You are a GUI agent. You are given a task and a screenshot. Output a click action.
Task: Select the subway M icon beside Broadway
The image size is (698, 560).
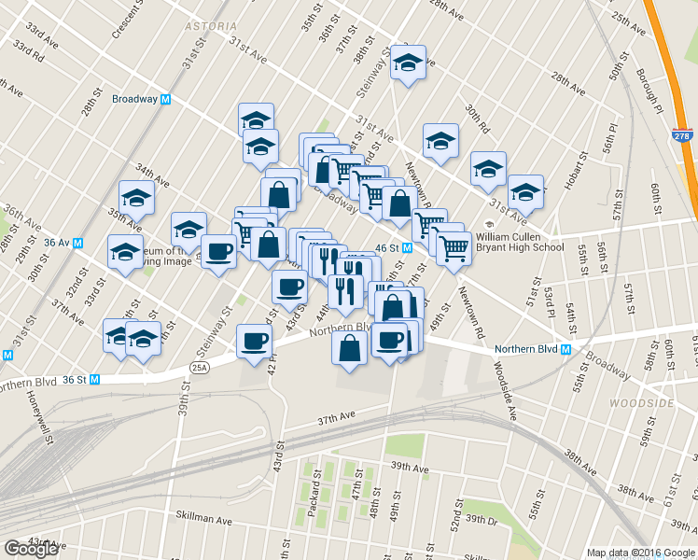coord(166,99)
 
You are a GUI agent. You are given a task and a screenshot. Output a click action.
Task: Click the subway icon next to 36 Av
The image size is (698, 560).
coord(78,243)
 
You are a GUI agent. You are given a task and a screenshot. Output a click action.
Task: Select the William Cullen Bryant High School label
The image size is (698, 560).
coord(522,243)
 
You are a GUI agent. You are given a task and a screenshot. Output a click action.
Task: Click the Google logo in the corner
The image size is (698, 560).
coord(32,549)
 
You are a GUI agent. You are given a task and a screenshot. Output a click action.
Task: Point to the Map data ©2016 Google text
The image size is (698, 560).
coord(641,553)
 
